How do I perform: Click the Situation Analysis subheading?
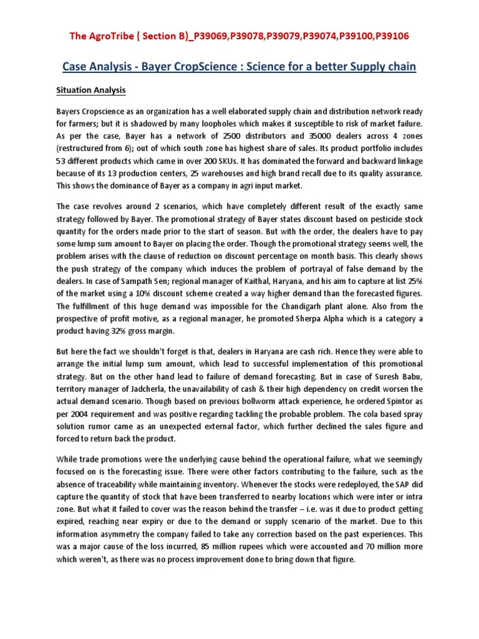91,90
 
